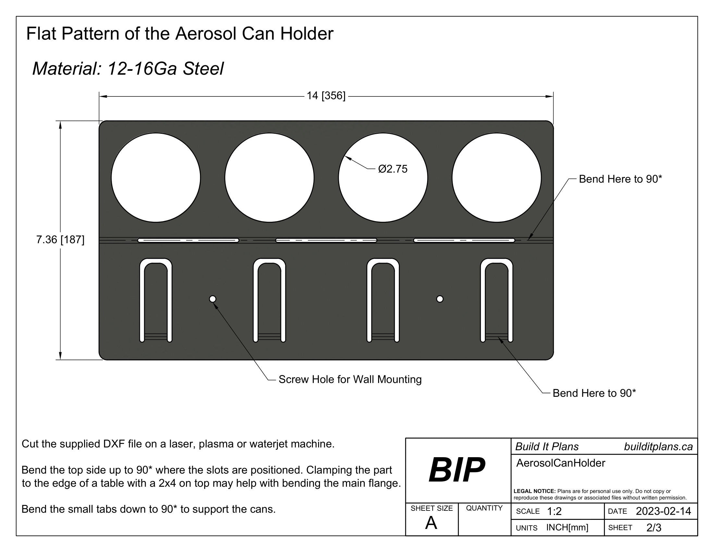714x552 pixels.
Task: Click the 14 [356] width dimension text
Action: click(x=326, y=96)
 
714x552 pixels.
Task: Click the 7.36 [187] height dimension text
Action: click(x=60, y=240)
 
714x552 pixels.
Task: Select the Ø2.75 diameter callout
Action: click(x=393, y=169)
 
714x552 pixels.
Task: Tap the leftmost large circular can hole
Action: click(x=155, y=178)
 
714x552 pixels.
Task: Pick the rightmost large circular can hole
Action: click(x=496, y=178)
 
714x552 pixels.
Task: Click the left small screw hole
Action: click(x=213, y=299)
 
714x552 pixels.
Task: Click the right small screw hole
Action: click(x=440, y=299)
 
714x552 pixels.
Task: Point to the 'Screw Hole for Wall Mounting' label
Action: click(x=350, y=379)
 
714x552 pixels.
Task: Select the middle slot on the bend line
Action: click(x=326, y=240)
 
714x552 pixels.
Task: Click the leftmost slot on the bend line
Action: click(x=188, y=240)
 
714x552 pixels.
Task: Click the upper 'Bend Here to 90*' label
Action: click(x=620, y=179)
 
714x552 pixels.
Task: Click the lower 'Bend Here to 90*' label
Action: click(x=594, y=393)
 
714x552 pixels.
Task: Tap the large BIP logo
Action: click(x=457, y=470)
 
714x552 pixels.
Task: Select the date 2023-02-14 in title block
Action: click(x=663, y=511)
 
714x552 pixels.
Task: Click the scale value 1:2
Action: click(x=554, y=511)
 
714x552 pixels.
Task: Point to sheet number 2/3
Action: click(x=654, y=527)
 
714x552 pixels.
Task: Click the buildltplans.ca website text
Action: click(x=658, y=447)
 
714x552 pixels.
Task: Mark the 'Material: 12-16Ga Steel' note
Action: click(x=128, y=69)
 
